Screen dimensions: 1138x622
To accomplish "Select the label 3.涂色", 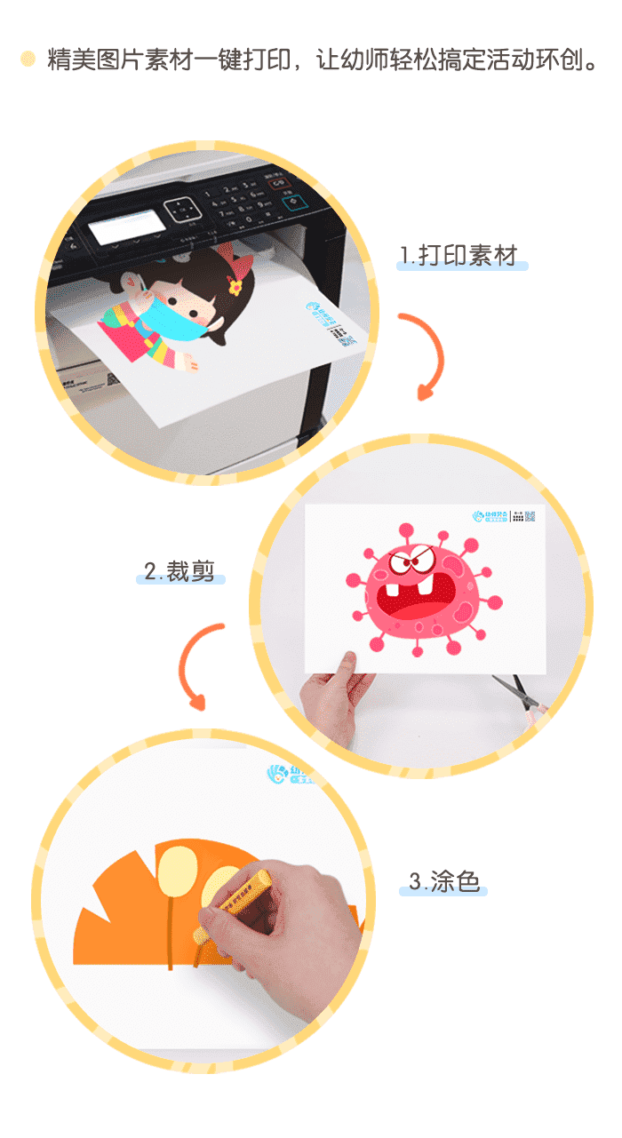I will coord(444,881).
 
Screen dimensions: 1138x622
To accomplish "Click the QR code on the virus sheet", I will coord(530,518).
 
